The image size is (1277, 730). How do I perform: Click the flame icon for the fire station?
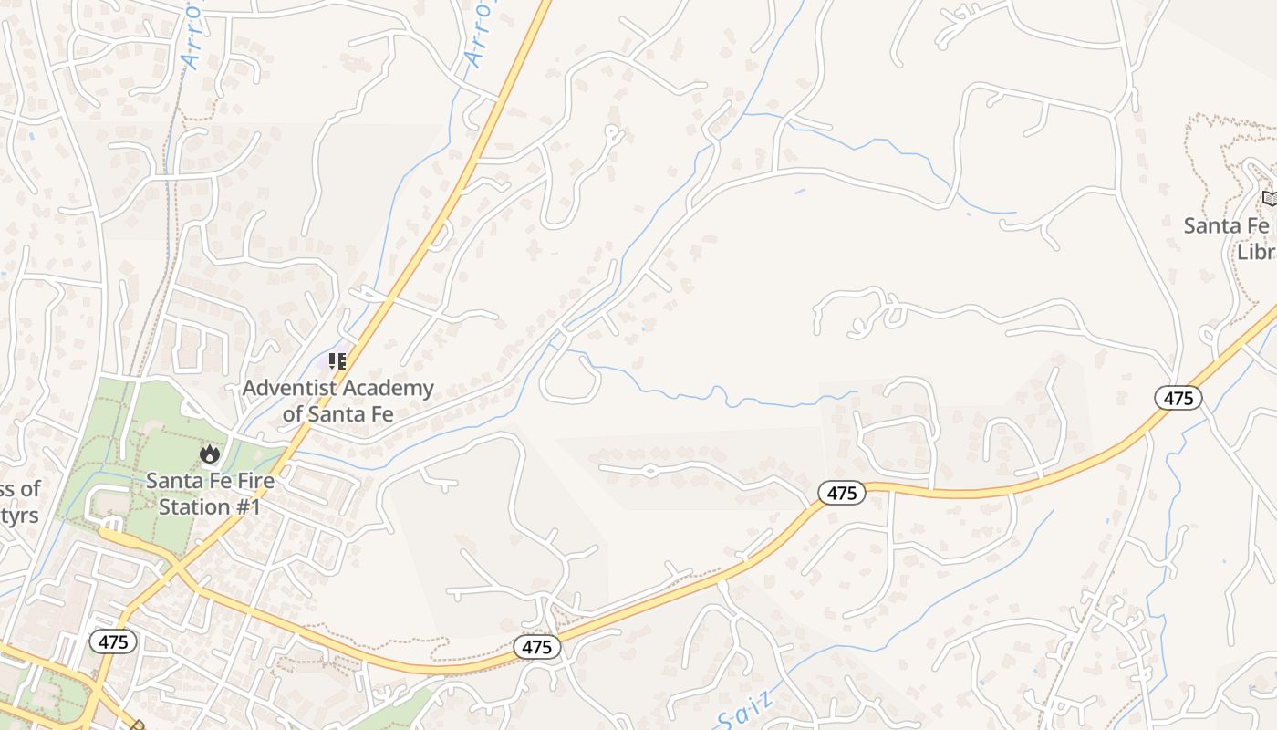click(x=210, y=453)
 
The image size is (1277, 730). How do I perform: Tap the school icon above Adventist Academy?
click(x=337, y=361)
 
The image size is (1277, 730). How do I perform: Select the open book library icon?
click(x=1270, y=198)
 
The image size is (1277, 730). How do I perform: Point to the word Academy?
click(x=390, y=389)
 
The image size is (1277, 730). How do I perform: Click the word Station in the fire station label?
click(x=193, y=506)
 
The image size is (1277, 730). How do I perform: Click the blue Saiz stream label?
click(x=745, y=711)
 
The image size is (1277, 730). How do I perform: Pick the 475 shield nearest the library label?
click(x=1178, y=398)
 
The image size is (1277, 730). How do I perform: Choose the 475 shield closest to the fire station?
click(x=113, y=641)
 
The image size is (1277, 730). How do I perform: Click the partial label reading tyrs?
click(x=18, y=516)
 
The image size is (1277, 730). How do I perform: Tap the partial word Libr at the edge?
click(x=1255, y=252)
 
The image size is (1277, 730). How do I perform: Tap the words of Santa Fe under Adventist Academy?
click(x=337, y=414)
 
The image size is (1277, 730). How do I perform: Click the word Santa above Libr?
click(x=1214, y=225)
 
